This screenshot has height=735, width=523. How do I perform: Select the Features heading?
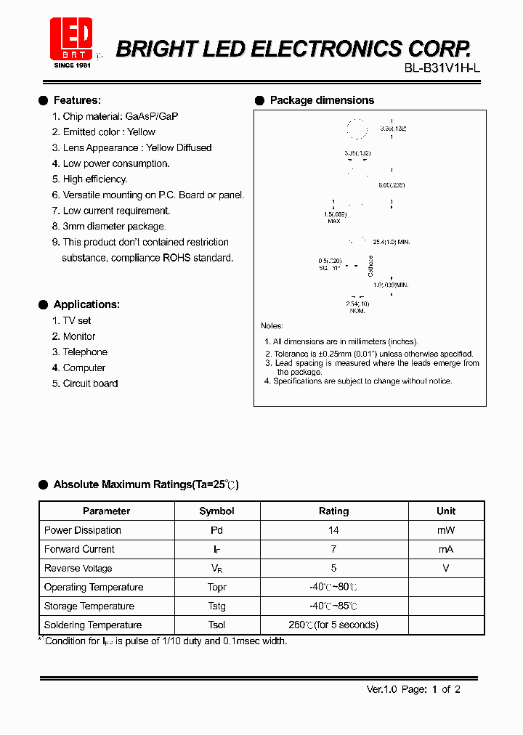point(77,100)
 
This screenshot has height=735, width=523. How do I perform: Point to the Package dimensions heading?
point(322,100)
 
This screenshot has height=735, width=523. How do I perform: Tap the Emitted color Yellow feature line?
point(109,132)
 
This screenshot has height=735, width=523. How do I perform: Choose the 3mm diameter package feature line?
point(114,227)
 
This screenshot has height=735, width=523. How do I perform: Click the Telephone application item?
point(85,352)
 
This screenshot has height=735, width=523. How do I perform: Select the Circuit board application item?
point(90,383)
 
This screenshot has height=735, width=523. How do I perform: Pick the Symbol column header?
point(216,511)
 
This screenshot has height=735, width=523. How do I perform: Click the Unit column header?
point(446,511)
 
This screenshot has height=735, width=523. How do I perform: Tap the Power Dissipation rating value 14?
point(333,530)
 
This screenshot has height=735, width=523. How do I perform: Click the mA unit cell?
point(446,549)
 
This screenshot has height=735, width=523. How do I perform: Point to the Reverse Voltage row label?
point(78,568)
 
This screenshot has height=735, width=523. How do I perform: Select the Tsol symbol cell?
point(216,625)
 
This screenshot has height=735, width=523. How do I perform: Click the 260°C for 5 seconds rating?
point(333,625)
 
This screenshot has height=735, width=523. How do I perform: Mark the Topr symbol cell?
point(216,587)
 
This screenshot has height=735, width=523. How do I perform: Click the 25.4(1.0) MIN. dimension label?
point(391,242)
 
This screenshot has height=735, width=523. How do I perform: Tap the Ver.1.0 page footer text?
point(413,689)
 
